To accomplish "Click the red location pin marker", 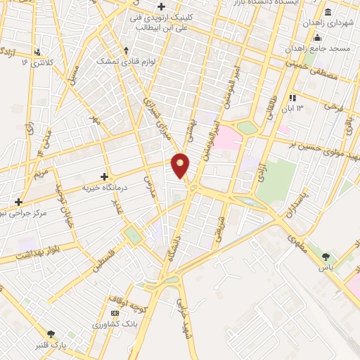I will [181, 165].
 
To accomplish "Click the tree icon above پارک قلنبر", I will [51, 334].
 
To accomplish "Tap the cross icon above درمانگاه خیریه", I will [105, 177].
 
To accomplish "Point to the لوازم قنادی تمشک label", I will [126, 62].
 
